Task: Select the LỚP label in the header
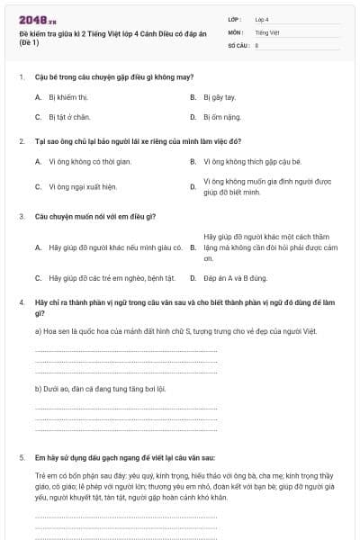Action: pos(235,18)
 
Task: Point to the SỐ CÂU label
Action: pos(238,44)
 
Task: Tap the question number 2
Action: pos(21,141)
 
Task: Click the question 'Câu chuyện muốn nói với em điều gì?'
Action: pos(96,216)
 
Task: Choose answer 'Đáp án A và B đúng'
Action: pos(238,278)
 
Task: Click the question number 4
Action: pos(21,302)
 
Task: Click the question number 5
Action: pos(21,457)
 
